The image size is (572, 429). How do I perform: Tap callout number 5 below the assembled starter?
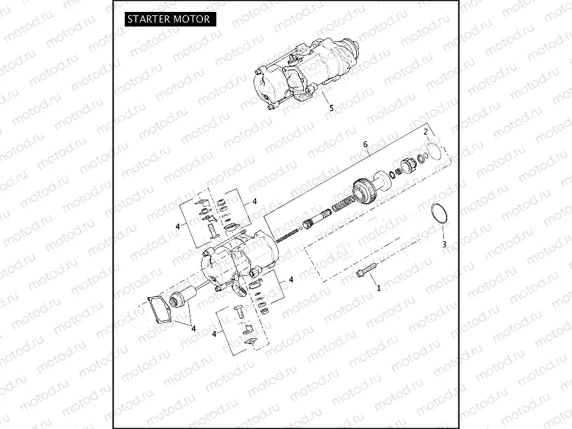pyautogui.click(x=332, y=107)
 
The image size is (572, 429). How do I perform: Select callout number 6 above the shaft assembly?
pyautogui.click(x=365, y=145)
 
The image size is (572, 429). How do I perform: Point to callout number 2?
pyautogui.click(x=425, y=131)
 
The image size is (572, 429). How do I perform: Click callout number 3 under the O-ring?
pyautogui.click(x=444, y=244)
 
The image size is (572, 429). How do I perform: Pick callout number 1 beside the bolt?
pyautogui.click(x=379, y=288)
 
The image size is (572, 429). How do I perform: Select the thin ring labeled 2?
pyautogui.click(x=432, y=151)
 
